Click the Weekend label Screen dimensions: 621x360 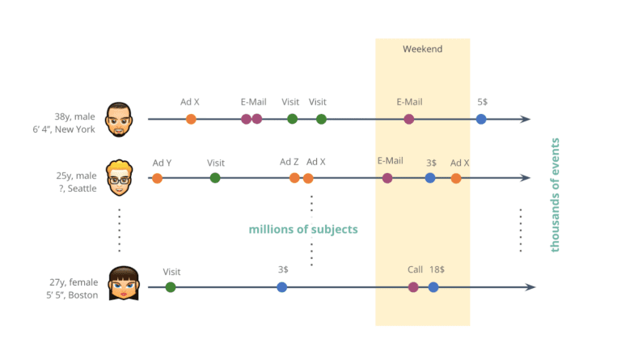pyautogui.click(x=422, y=49)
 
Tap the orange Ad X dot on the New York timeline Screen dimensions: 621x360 pyautogui.click(x=191, y=119)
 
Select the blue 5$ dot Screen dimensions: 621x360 pyautogui.click(x=481, y=119)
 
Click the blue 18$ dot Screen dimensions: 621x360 pyautogui.click(x=433, y=287)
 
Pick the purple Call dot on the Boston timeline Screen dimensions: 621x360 pyautogui.click(x=413, y=287)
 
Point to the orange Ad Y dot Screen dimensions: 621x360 pyautogui.click(x=157, y=178)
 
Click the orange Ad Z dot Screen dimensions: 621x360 pyautogui.click(x=294, y=178)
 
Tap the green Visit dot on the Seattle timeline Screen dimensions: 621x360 pyautogui.click(x=215, y=178)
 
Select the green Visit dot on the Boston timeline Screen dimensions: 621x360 pyautogui.click(x=171, y=287)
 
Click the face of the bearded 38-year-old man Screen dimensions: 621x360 pyautogui.click(x=118, y=120)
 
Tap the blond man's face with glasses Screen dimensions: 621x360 pyautogui.click(x=119, y=178)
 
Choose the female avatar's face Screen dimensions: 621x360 pyautogui.click(x=124, y=283)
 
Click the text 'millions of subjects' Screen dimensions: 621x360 pyautogui.click(x=303, y=229)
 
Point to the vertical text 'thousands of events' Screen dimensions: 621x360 pyautogui.click(x=555, y=195)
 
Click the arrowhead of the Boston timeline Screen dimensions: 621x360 pyautogui.click(x=530, y=287)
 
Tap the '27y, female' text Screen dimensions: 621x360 pyautogui.click(x=74, y=282)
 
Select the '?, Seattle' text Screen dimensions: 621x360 pyautogui.click(x=78, y=188)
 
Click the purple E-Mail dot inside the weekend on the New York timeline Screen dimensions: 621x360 pyautogui.click(x=408, y=119)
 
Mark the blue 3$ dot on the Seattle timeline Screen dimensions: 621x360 pyautogui.click(x=430, y=178)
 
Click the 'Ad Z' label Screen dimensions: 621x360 pyautogui.click(x=289, y=162)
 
